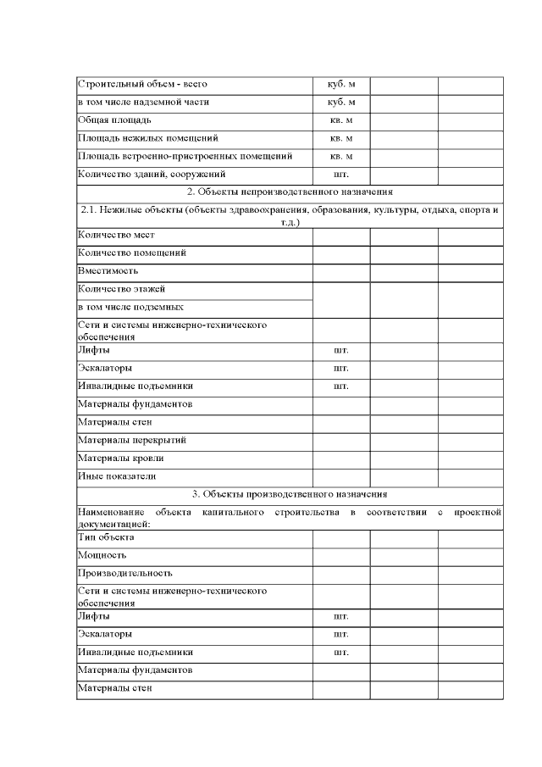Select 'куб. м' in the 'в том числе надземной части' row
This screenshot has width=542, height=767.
pyautogui.click(x=340, y=103)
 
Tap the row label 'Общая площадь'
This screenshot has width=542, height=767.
pyautogui.click(x=114, y=120)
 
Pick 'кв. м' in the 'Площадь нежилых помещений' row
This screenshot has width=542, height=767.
pyautogui.click(x=340, y=138)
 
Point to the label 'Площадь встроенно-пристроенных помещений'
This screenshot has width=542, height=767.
pyautogui.click(x=185, y=156)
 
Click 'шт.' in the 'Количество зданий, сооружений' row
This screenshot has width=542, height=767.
pyautogui.click(x=340, y=175)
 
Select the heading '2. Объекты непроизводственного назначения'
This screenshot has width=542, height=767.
pyautogui.click(x=290, y=192)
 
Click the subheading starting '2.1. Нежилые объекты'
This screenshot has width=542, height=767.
pyautogui.click(x=290, y=214)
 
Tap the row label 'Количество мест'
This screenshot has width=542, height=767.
pyautogui.click(x=116, y=235)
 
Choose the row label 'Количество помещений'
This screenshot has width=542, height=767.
pyautogui.click(x=131, y=253)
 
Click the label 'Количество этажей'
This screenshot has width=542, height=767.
pyautogui.click(x=120, y=289)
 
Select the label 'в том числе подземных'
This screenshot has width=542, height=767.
pyautogui.click(x=130, y=307)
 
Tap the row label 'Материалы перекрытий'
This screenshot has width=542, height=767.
pyautogui.click(x=132, y=440)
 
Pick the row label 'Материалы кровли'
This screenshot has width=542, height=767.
pyautogui.click(x=121, y=458)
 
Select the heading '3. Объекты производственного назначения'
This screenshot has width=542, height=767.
pyautogui.click(x=290, y=494)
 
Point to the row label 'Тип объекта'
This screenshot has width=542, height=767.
pyautogui.click(x=106, y=537)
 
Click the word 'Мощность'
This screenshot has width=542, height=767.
pyautogui.click(x=102, y=555)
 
